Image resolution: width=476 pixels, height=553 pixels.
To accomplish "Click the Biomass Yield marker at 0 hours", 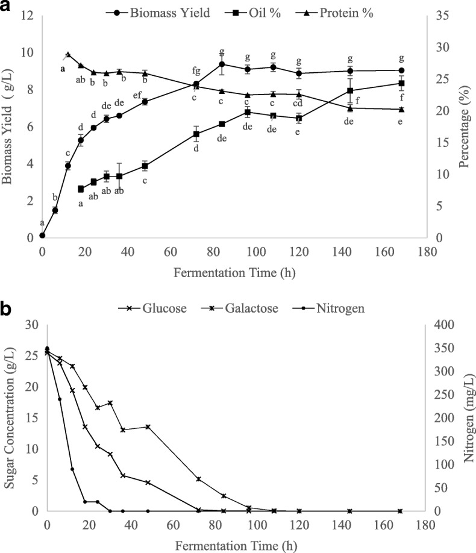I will click(42, 236).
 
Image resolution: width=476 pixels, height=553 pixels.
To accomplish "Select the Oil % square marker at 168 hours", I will click(401, 83).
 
